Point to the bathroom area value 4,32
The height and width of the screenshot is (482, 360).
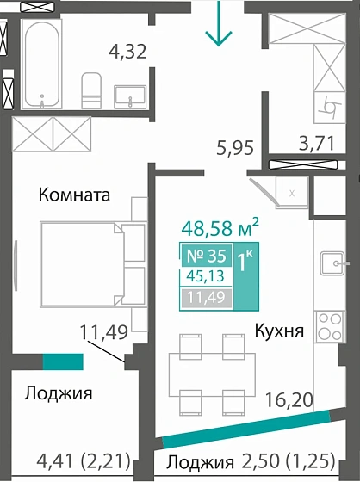coord(127,52)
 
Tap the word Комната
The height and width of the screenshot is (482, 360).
coord(75,195)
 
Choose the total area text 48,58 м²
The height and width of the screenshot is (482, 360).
coord(221,229)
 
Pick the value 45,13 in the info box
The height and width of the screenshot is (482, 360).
coord(203,276)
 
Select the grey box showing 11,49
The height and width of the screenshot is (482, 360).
coord(203,298)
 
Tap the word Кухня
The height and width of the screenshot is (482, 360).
coord(278,330)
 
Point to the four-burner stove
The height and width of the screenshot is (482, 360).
coord(329,325)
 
